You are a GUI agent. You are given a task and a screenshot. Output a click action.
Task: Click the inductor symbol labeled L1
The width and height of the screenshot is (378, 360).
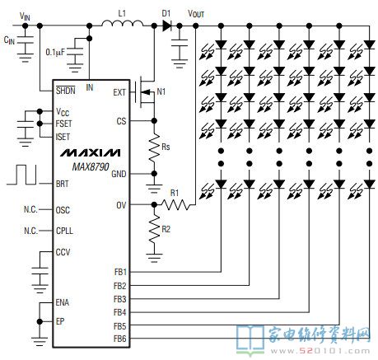[123, 24]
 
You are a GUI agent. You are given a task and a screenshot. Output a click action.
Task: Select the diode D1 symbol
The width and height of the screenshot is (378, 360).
[166, 26]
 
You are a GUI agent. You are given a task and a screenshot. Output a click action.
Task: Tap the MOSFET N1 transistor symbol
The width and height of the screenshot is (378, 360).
[145, 92]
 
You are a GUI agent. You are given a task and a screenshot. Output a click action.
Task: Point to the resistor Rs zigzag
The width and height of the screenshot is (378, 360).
[154, 147]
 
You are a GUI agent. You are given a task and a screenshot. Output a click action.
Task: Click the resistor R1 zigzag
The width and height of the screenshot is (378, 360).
[175, 204]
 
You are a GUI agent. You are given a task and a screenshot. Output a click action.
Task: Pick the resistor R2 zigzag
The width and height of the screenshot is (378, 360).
[154, 229]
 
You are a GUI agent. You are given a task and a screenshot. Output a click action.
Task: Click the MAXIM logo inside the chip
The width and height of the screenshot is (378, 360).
[90, 152]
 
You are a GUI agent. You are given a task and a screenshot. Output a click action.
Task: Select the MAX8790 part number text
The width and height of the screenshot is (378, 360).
[91, 166]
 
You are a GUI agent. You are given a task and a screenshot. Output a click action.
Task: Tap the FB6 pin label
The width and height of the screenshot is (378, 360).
[120, 339]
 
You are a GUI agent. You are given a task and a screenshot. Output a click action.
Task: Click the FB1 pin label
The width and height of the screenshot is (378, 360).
[120, 272]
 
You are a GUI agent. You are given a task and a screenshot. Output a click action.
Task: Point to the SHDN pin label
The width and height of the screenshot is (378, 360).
[65, 90]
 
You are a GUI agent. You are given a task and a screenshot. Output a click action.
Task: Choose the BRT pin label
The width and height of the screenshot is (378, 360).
[63, 184]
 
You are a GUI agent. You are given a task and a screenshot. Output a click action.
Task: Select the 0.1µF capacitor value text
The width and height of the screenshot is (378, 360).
[55, 52]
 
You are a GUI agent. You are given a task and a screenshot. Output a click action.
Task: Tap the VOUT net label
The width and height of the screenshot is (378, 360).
[196, 13]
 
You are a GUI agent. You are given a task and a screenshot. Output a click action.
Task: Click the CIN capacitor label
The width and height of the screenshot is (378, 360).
[9, 40]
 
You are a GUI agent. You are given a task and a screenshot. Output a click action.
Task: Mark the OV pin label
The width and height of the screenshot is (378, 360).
[121, 205]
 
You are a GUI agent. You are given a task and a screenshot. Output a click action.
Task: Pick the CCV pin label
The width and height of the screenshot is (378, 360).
[63, 252]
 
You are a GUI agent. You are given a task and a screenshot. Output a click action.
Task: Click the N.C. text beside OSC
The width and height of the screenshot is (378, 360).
[30, 209]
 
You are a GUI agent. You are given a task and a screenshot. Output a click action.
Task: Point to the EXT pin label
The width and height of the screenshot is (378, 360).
[119, 92]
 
